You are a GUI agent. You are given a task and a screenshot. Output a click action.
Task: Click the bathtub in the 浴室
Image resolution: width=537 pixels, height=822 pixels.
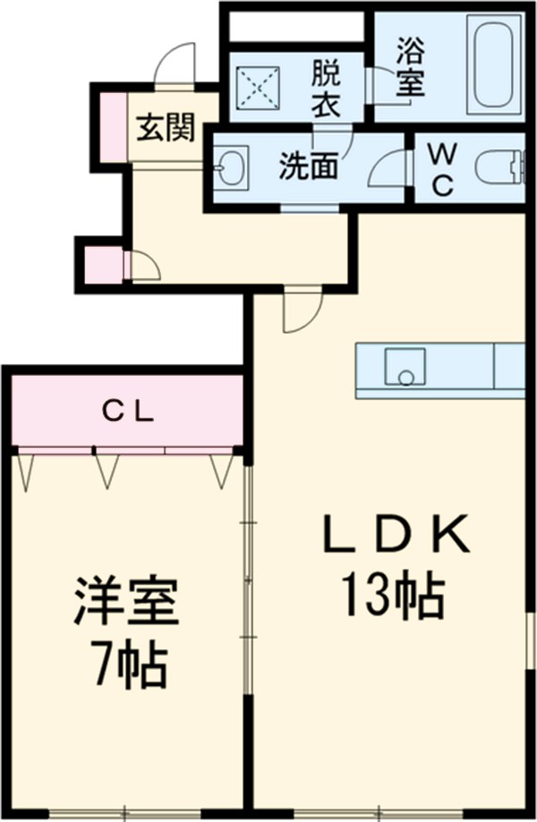click(494, 65)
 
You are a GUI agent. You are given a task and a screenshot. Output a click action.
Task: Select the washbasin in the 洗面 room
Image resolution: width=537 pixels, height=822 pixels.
click(231, 166)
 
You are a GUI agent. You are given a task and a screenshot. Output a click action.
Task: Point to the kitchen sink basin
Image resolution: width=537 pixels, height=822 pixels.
click(405, 367)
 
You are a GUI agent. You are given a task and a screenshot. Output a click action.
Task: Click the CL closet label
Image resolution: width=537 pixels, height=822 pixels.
click(127, 413)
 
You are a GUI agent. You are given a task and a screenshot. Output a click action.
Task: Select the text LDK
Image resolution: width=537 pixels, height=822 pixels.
click(396, 535)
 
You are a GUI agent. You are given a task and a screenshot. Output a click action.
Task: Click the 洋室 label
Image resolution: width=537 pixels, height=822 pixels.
click(126, 601)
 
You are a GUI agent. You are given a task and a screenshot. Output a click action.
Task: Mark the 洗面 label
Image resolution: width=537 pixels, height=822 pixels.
click(308, 166)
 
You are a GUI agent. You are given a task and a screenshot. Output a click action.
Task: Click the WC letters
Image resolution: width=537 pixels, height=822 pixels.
click(442, 170)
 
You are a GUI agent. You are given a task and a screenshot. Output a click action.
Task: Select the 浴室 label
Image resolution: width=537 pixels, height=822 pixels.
click(410, 66)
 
